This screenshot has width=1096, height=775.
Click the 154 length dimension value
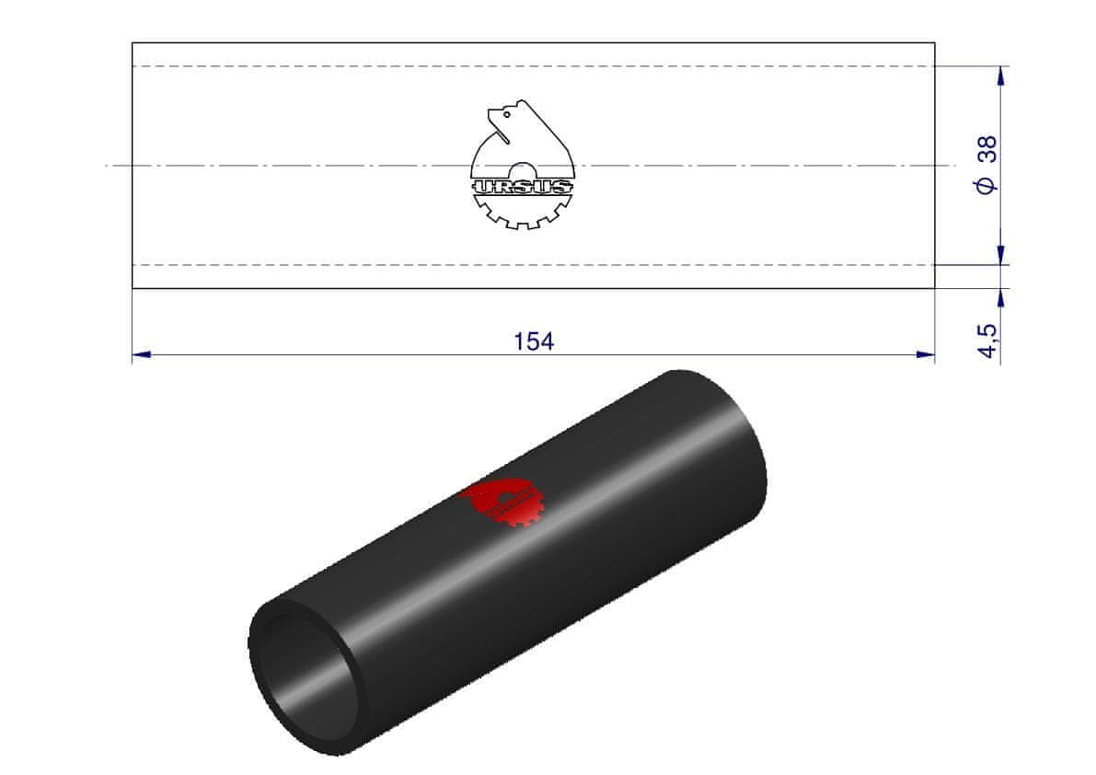point(534,341)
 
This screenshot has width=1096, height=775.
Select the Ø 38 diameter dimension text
point(987,165)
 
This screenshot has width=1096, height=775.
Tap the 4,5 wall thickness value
point(987,341)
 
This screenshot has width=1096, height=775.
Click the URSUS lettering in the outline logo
point(522,187)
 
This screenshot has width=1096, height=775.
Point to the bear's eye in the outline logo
point(506,113)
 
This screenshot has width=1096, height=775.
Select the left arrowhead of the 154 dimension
point(141,354)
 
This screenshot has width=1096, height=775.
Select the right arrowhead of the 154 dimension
point(926,354)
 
